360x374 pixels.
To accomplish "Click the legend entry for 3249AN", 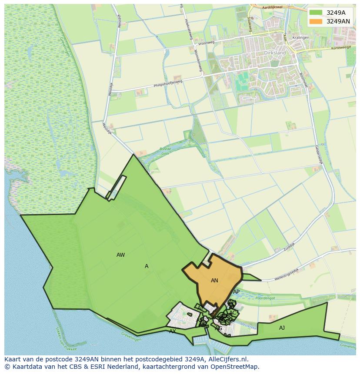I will [338, 21].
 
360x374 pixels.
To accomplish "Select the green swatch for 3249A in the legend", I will [316, 13].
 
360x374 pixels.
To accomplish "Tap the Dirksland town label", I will [275, 53].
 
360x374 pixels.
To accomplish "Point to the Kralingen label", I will [300, 38].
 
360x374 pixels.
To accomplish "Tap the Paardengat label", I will [266, 298].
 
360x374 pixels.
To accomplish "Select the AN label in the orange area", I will [214, 281].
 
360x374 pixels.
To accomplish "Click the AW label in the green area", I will [121, 255].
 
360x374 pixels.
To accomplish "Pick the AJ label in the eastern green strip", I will [282, 328].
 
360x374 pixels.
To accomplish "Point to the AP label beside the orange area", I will [236, 292].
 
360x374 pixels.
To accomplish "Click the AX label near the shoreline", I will [173, 331].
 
